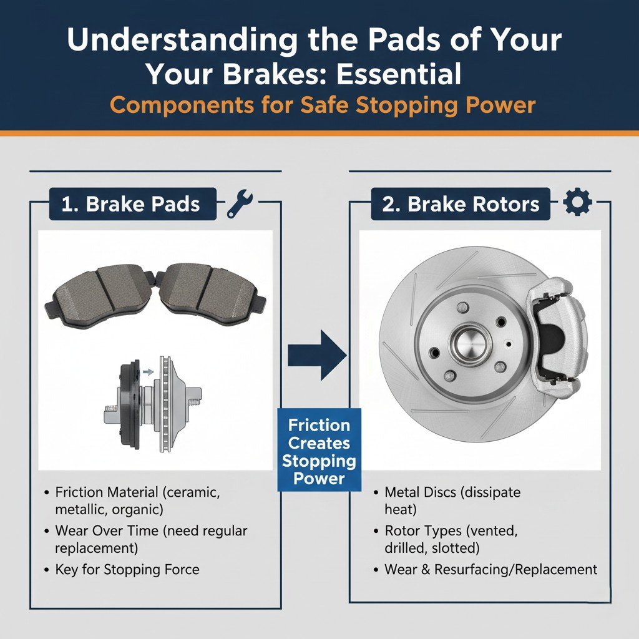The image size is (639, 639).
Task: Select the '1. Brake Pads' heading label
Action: coord(132,205)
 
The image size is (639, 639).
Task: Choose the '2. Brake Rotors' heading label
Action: coord(461,205)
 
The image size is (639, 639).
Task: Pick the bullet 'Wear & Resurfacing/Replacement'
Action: coord(490,569)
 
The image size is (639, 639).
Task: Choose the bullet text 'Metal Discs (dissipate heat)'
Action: coord(452,500)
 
